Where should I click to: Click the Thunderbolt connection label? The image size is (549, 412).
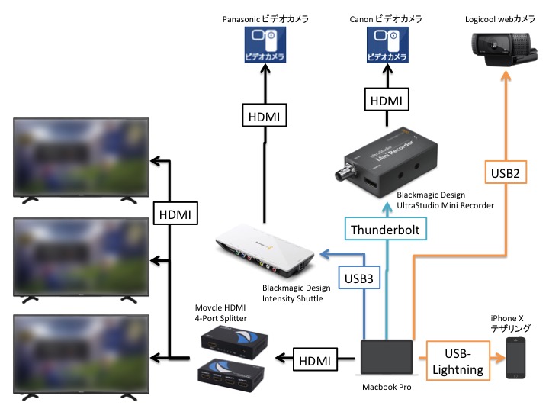click(384, 229)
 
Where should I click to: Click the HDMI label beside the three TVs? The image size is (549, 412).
click(176, 215)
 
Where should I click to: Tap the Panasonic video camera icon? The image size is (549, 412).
click(264, 47)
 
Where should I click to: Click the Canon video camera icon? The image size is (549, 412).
click(387, 47)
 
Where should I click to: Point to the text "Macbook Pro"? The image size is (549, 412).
click(387, 388)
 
